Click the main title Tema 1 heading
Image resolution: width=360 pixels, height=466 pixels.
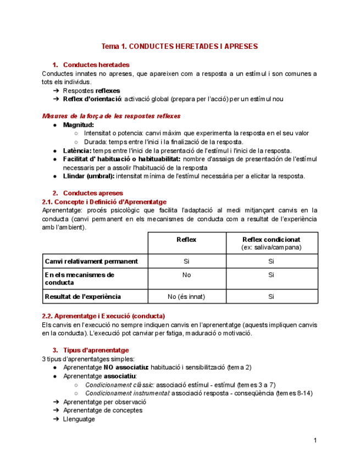[x=180, y=46]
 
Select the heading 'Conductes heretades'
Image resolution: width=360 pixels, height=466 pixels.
[x=96, y=65]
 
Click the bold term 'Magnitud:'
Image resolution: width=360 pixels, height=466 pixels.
[x=78, y=125]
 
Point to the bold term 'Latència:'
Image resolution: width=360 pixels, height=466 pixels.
[x=77, y=151]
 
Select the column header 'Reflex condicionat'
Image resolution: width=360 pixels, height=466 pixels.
[x=271, y=240]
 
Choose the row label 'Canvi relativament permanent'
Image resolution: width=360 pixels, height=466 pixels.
[x=91, y=261]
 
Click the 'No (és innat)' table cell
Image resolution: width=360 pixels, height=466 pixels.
[x=186, y=296]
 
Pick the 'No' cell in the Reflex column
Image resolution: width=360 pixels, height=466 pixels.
[x=186, y=275]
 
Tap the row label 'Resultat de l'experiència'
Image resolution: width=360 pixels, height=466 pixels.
[x=83, y=296]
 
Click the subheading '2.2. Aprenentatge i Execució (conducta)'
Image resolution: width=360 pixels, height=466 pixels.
[x=103, y=316]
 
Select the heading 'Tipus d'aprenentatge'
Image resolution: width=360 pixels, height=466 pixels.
[x=96, y=350]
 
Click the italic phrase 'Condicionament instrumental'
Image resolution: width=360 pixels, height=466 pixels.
[x=127, y=393]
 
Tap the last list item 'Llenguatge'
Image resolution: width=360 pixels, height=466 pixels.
[x=79, y=419]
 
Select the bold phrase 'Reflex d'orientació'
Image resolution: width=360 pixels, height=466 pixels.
[x=92, y=99]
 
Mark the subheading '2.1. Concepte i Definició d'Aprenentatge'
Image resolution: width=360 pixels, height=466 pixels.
[x=104, y=202]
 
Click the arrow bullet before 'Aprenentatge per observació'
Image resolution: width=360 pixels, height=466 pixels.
[x=57, y=402]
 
